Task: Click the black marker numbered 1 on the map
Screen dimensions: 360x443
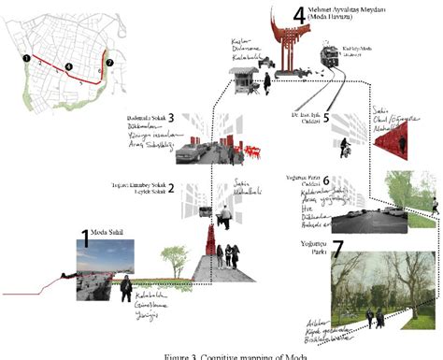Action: click(x=26, y=59)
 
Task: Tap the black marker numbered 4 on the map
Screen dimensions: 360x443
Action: click(x=68, y=67)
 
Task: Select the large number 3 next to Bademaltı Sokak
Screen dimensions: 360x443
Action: click(x=171, y=120)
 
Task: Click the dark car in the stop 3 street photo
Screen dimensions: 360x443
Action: click(x=190, y=150)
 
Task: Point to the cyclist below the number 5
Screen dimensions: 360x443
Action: click(x=344, y=148)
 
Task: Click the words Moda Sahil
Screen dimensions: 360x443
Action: click(x=107, y=232)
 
